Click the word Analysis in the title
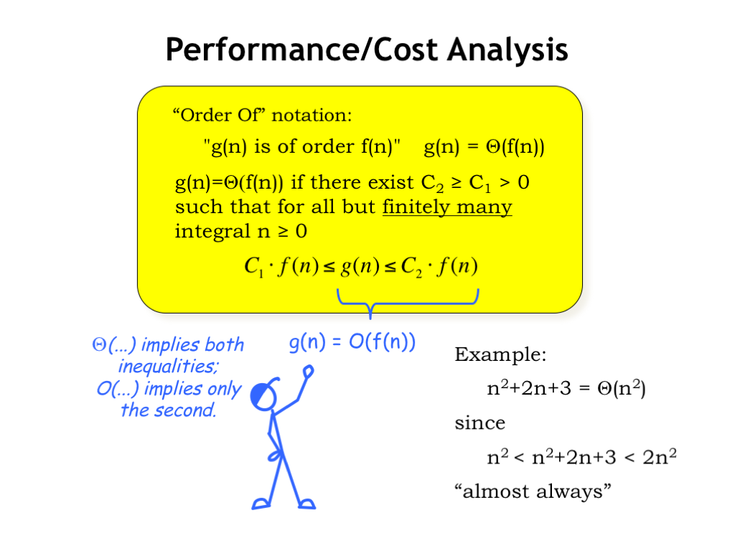coord(507,50)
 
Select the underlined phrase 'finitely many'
coord(447,207)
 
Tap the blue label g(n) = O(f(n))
coord(352,342)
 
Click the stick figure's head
coord(263,396)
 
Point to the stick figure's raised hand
coord(308,372)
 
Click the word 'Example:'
coord(500,354)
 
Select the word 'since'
coord(480,423)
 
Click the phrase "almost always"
coord(533,491)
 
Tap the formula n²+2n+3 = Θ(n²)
coord(566,388)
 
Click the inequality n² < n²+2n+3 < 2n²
coord(581,457)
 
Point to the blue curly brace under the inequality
coord(370,304)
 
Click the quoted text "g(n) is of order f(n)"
coord(302,147)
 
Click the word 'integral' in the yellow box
coord(212,232)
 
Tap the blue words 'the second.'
coord(169,410)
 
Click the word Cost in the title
coord(406,50)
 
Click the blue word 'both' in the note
coord(225,345)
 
